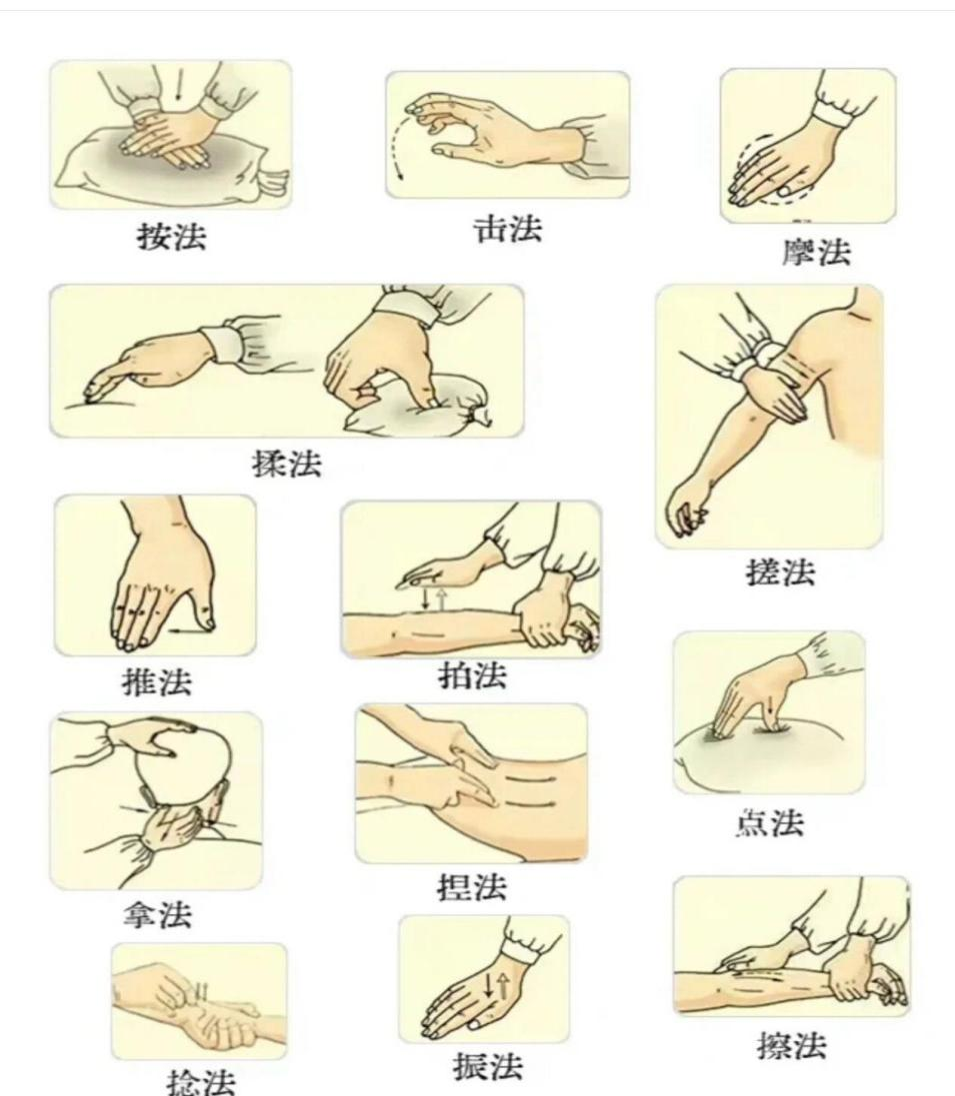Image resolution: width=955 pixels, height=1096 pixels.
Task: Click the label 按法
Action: tap(172, 237)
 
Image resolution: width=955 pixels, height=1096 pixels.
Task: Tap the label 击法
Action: tap(507, 229)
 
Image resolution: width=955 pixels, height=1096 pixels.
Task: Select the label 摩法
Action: tap(815, 253)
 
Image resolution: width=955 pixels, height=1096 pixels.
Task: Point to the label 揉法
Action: tap(287, 465)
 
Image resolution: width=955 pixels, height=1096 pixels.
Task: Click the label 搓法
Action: tap(780, 572)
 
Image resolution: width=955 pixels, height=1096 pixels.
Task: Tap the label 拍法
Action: tap(472, 676)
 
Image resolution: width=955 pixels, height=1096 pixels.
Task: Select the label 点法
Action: tap(769, 823)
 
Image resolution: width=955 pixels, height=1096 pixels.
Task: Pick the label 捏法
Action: tap(472, 886)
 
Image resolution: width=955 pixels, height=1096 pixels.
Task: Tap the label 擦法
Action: tap(791, 1046)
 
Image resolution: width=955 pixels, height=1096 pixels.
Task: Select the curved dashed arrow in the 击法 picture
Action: tap(402, 143)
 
